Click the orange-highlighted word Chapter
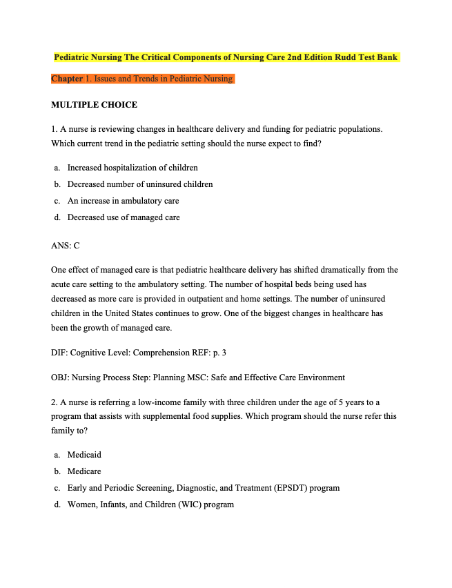coord(67,79)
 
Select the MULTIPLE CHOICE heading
coord(94,105)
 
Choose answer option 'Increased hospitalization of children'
coord(132,168)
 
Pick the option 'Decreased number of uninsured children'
coord(140,184)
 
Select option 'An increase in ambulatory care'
coord(123,201)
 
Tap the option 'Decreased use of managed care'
coord(124,217)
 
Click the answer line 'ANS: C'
coord(66,245)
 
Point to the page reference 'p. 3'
coord(219,353)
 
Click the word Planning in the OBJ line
coord(173,378)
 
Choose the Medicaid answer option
coord(84,455)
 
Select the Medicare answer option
coord(84,471)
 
